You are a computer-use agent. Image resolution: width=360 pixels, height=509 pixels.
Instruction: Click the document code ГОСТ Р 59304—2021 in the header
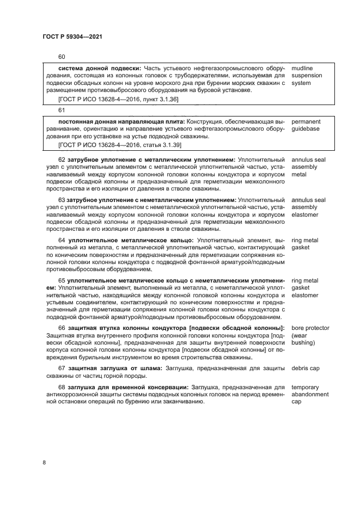pos(72,36)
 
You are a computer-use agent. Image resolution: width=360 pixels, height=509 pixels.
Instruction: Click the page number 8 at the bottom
pos(45,462)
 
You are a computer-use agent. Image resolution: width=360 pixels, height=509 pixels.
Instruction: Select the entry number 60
pos(62,57)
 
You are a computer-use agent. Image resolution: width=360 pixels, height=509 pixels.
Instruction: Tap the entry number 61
pos(62,110)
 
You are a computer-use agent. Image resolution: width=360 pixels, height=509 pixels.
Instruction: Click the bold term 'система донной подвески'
pos(99,68)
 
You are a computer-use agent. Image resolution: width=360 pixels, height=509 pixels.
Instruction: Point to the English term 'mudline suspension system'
pos(307,75)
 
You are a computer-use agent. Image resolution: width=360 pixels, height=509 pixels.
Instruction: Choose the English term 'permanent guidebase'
pos(306,125)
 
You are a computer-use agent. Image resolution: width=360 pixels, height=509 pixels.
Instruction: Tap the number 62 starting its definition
pos(62,160)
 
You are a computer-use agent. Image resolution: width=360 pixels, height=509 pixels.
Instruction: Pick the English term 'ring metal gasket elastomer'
pos(305,288)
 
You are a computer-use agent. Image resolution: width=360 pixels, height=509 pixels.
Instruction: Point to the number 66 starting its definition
pos(62,328)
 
